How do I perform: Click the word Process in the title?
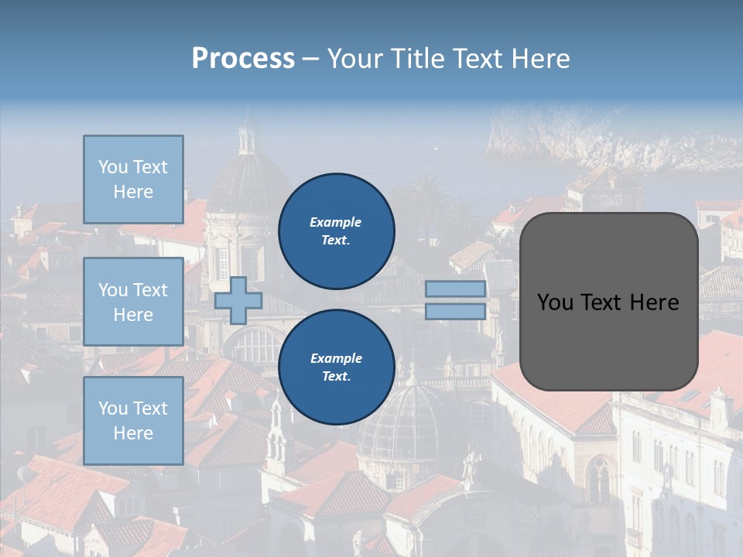(243, 58)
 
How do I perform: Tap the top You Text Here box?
(133, 179)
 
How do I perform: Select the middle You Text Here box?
(133, 302)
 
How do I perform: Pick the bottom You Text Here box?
(133, 420)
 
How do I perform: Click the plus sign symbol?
(238, 300)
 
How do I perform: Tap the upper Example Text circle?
(337, 231)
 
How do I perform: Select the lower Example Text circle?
(337, 367)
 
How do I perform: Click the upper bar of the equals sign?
(455, 289)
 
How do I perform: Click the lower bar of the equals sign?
(455, 312)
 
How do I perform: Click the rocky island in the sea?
(604, 139)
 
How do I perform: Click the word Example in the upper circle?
(335, 222)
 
